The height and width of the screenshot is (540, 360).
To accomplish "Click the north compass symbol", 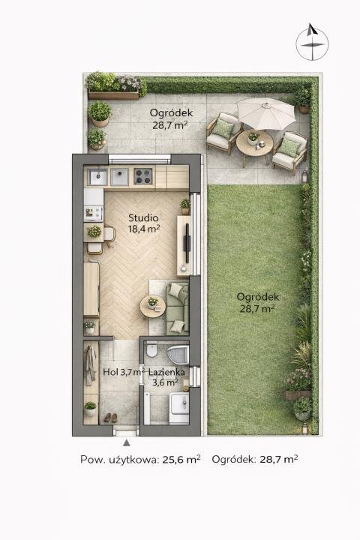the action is tap(312, 42).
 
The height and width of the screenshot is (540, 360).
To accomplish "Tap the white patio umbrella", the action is tap(266, 113).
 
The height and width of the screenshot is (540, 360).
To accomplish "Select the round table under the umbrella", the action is tap(254, 143).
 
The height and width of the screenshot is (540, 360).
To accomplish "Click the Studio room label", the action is tap(143, 217).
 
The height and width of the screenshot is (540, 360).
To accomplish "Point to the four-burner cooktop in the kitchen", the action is tap(143, 176).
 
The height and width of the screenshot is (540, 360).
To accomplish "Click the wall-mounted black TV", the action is tap(187, 238).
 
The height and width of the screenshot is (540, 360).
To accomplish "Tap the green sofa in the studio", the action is tap(178, 308).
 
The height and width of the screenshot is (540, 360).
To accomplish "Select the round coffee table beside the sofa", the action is tap(152, 307).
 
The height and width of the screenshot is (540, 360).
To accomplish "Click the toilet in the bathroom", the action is tap(151, 349).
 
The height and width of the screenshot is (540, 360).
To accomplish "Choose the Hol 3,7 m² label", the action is tap(124, 372).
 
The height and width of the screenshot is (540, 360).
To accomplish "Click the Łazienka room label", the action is tap(166, 372).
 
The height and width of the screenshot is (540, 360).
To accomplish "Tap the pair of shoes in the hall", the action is tap(110, 418).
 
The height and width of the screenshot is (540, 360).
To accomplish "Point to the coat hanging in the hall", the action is tap(91, 364).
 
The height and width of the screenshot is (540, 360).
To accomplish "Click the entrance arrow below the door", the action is tap(127, 443).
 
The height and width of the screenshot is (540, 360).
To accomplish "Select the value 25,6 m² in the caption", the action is tap(181, 459).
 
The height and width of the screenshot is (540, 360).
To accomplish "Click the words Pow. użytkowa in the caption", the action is tap(119, 460).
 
